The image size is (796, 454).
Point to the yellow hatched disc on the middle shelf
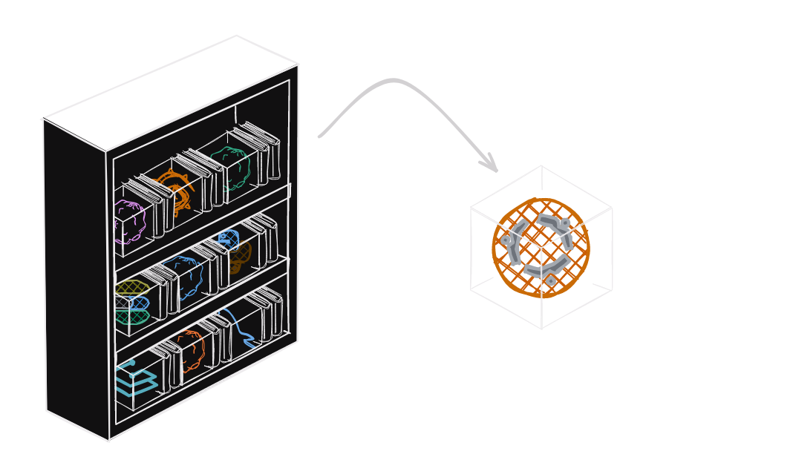click(x=131, y=288)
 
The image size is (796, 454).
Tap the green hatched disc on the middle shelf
click(x=131, y=316)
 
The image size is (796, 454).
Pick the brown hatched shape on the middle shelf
click(x=239, y=257)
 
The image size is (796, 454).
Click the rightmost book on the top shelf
click(x=272, y=156)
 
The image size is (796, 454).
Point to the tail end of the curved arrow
click(x=320, y=136)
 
